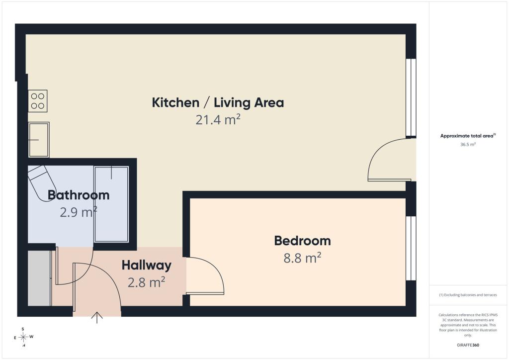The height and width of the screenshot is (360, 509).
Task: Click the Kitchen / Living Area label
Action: click(218, 102)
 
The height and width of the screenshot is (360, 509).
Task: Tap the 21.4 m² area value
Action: click(218, 120)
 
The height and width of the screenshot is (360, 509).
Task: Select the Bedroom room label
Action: click(303, 241)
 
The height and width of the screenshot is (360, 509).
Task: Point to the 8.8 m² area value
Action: click(303, 258)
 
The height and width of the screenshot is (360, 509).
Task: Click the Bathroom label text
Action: click(79, 195)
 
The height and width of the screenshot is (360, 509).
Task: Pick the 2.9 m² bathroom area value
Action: click(79, 212)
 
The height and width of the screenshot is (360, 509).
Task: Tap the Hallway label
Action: click(147, 266)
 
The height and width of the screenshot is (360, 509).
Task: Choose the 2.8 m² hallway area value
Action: click(147, 282)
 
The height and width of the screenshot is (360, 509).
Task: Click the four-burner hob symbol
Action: click(38, 101)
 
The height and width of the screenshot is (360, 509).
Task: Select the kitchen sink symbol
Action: click(39, 140)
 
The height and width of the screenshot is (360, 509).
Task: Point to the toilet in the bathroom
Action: click(42, 182)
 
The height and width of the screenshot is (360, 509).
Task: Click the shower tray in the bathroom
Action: click(111, 204)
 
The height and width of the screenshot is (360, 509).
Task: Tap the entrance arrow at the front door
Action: click(97, 318)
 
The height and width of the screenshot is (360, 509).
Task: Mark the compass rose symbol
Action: click(23, 337)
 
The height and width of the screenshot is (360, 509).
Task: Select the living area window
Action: click(411, 97)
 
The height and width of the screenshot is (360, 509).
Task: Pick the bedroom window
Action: click(411, 248)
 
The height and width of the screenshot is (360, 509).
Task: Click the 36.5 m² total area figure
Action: click(468, 145)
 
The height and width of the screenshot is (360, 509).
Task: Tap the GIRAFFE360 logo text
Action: click(468, 345)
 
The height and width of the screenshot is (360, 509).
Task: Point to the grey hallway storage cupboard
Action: click(39, 278)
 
